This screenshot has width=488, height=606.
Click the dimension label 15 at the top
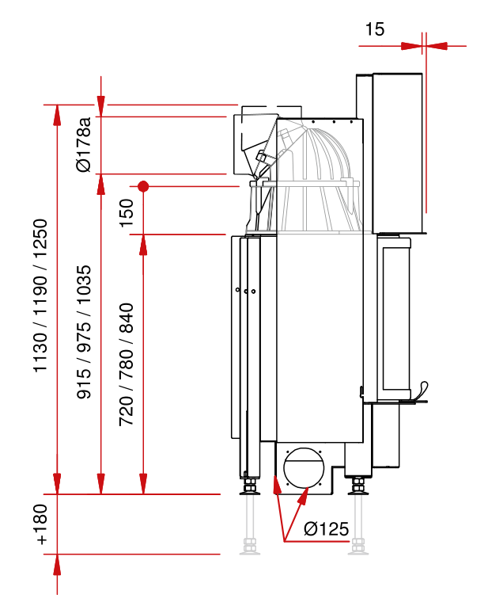pos(375,29)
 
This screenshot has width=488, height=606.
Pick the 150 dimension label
pos(127,211)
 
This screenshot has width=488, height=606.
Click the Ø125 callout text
pos(326,529)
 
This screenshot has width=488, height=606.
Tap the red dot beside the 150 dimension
pos(143,187)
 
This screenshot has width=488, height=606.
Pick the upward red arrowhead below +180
pos(57,564)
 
